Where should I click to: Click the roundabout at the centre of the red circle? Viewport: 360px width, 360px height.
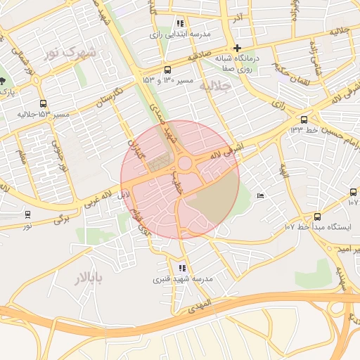pyautogui.click(x=186, y=164)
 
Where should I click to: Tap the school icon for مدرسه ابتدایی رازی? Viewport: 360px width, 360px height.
pyautogui.click(x=180, y=23)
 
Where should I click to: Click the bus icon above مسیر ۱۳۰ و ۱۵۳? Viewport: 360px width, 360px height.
pyautogui.click(x=167, y=70)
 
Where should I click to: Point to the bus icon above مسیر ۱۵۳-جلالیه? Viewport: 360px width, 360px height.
pyautogui.click(x=44, y=103)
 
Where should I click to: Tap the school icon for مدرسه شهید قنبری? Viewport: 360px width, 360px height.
pyautogui.click(x=183, y=267)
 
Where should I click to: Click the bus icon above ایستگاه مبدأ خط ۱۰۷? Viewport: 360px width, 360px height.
pyautogui.click(x=317, y=217)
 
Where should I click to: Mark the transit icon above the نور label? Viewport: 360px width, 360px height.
pyautogui.click(x=27, y=214)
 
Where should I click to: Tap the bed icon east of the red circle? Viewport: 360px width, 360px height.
pyautogui.click(x=262, y=195)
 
